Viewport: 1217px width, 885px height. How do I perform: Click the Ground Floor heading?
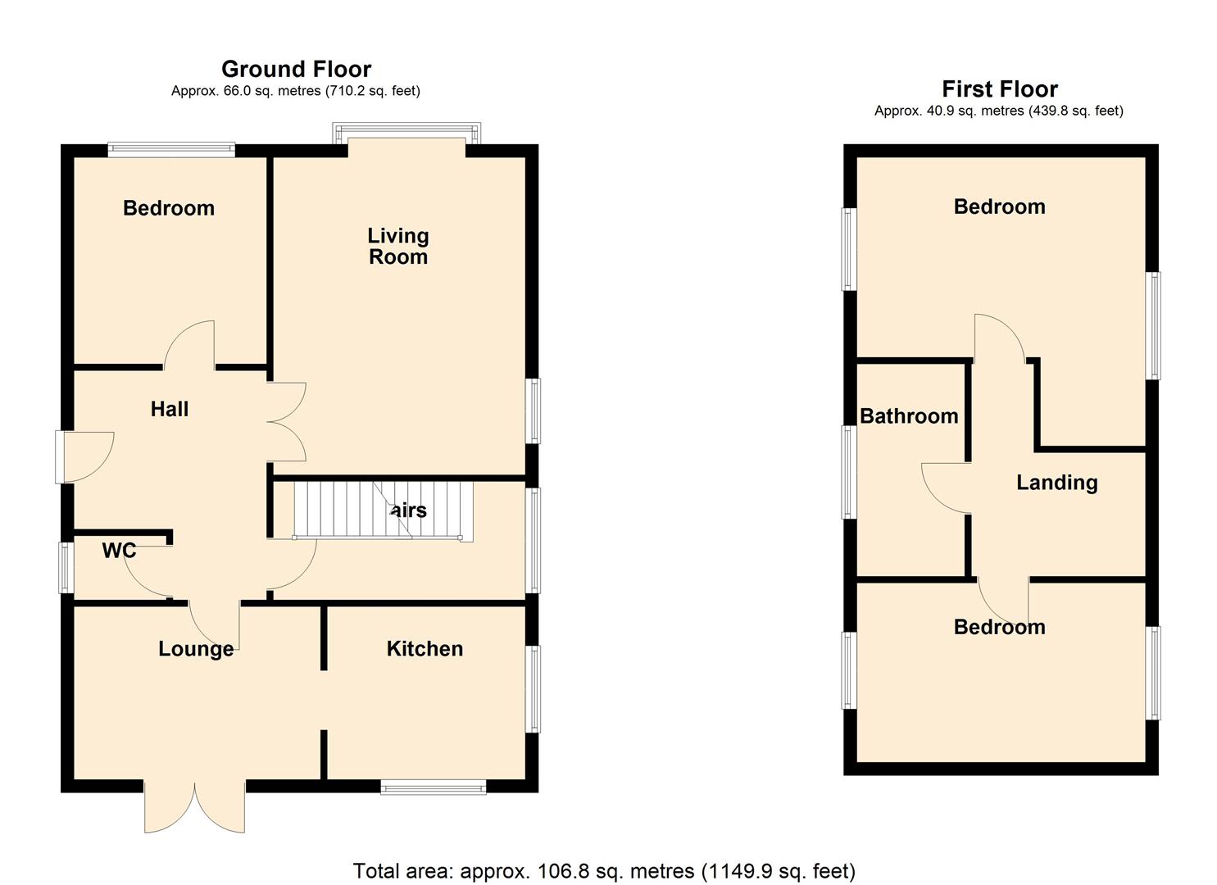coord(296,69)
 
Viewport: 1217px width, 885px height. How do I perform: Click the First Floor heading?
coord(999,88)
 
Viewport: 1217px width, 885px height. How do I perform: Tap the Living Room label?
coord(397,246)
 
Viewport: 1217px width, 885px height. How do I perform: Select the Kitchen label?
coord(425,648)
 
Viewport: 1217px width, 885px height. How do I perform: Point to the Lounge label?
coord(196,649)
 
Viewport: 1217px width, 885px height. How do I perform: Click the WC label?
coord(119,551)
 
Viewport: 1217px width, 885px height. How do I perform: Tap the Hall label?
coord(170,409)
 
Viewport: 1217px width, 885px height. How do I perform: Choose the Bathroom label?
coord(909,416)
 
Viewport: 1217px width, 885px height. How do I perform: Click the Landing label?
coord(1056,483)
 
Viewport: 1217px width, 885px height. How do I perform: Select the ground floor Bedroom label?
coord(169,208)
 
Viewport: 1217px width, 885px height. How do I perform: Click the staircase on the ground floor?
coord(384,511)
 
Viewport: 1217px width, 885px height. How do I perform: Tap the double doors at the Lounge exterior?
coord(195,806)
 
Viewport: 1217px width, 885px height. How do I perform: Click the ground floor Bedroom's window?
coord(171,150)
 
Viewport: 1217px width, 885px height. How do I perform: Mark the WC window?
coord(66,566)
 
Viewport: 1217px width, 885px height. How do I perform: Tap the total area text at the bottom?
coord(604,870)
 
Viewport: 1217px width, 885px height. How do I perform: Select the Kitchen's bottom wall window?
coord(434,787)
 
